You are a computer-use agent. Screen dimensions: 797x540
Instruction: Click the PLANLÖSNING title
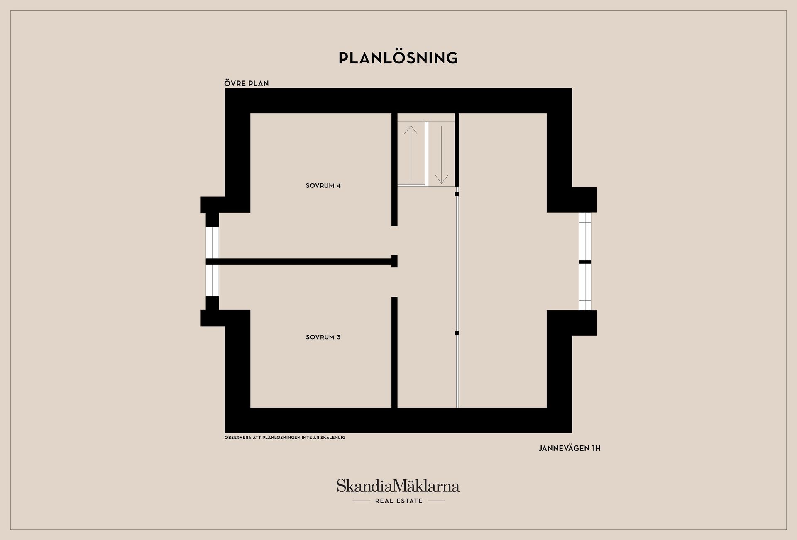pos(398,58)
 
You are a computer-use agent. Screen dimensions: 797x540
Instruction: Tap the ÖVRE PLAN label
pos(247,83)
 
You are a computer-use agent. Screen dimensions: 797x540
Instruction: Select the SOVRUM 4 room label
pos(323,186)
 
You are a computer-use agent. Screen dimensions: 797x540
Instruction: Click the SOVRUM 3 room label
pos(323,337)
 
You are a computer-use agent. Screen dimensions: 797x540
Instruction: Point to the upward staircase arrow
pos(411,153)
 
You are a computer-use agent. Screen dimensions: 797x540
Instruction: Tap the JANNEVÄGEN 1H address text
pos(569,448)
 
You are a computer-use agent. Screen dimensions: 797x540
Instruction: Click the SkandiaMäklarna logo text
pos(398,486)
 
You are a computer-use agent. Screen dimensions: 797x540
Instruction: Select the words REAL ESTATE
pos(398,501)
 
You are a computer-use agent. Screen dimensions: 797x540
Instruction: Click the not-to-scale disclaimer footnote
pos(285,437)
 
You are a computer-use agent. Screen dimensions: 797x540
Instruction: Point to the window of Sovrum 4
pos(212,243)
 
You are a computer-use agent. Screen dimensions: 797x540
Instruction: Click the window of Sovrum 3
pos(212,280)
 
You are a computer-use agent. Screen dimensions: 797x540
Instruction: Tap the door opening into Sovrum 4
pos(394,241)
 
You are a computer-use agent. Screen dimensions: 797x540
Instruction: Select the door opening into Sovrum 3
pos(394,282)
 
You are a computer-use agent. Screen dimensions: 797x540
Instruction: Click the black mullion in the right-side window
pos(585,262)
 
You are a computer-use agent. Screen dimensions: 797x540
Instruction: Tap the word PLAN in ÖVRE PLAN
pos(259,83)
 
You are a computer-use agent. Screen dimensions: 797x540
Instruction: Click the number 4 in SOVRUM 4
pos(339,186)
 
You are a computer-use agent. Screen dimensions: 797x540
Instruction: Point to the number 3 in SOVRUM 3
pos(339,337)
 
